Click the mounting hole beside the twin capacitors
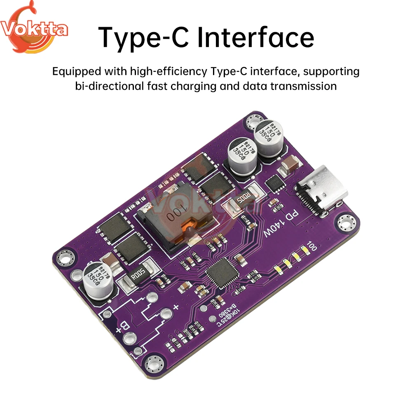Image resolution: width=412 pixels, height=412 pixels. (x=253, y=122)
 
